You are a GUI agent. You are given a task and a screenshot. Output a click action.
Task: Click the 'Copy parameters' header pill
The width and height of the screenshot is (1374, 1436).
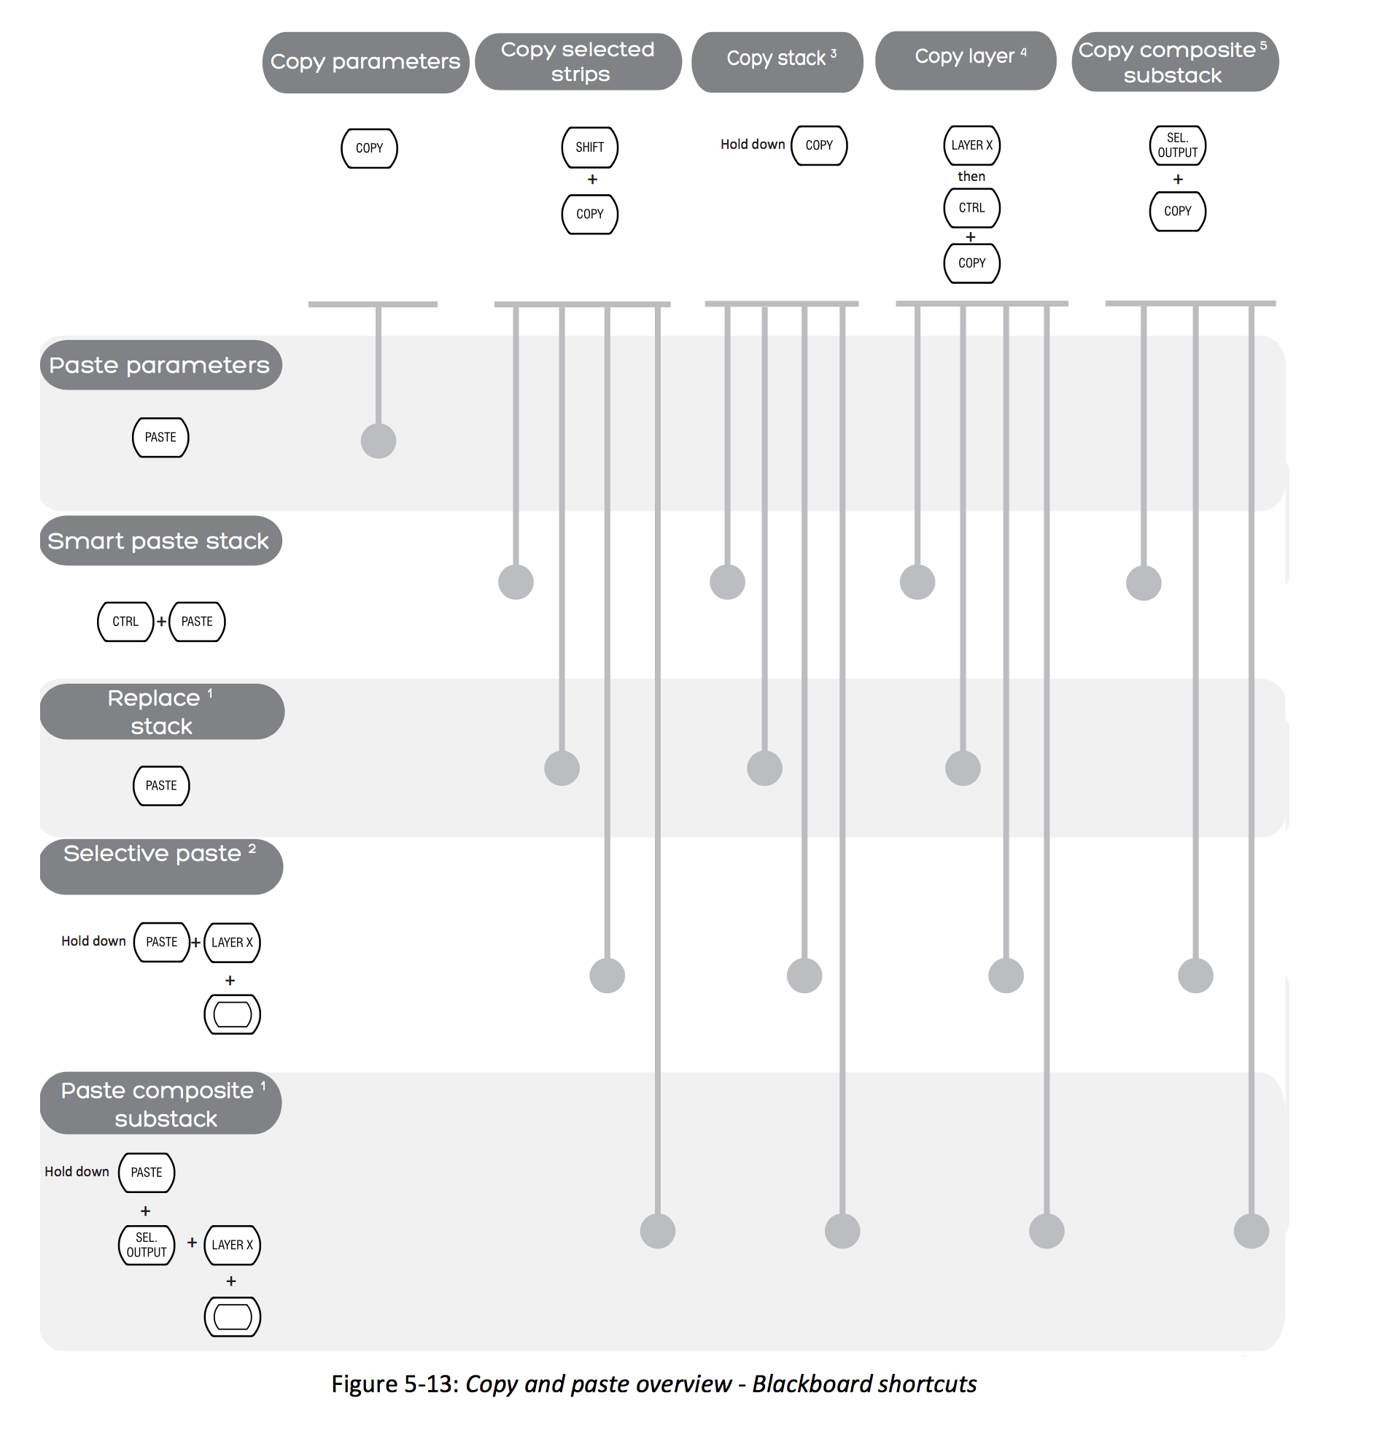point(365,62)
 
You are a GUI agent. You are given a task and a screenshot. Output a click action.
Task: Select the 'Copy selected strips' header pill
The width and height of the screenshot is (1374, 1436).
point(578,61)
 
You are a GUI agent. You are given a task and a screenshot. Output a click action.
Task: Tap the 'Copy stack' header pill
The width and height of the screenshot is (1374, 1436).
point(777,61)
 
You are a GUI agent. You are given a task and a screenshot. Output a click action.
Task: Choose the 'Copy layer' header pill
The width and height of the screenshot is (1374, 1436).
point(966,60)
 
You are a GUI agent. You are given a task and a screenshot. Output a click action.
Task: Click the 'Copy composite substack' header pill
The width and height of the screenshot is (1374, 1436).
point(1174,61)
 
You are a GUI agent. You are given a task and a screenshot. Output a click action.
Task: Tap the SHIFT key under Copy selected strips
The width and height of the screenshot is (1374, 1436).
point(589,147)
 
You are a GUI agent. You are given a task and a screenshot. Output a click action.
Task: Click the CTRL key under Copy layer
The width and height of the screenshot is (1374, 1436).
point(971,208)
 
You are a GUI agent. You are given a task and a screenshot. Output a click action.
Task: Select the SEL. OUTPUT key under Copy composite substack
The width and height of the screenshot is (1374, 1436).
point(1177,145)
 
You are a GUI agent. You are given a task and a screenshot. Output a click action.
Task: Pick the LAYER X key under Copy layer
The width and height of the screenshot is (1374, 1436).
point(971,145)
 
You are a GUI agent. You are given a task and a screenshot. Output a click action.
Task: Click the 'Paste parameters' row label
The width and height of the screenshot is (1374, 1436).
point(160,365)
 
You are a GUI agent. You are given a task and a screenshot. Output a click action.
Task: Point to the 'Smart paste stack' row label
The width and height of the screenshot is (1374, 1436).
point(160,541)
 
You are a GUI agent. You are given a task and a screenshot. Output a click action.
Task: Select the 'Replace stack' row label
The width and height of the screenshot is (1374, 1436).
point(162,711)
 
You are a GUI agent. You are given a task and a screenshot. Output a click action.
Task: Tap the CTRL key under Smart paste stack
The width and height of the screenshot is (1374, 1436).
point(125,621)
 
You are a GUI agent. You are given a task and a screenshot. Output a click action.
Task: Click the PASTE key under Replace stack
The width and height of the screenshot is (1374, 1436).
point(161,785)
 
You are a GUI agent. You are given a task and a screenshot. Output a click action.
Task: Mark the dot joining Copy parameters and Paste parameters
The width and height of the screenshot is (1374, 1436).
point(379,441)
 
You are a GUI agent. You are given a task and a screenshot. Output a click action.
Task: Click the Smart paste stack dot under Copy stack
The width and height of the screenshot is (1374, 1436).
point(727,582)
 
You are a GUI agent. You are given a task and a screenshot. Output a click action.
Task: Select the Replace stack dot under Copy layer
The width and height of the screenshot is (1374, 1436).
point(963,768)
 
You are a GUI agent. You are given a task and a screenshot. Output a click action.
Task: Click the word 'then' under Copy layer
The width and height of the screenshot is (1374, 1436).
point(971,177)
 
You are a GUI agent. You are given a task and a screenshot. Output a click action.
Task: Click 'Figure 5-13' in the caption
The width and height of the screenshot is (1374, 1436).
point(395,1383)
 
